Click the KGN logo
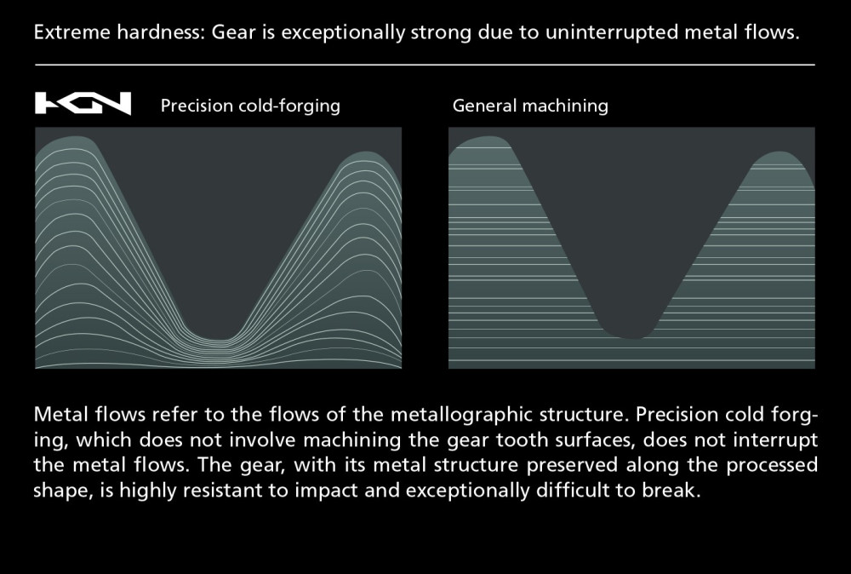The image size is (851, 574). pos(83,103)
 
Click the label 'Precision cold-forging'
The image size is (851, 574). pos(250,106)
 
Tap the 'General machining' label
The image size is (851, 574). pos(530,106)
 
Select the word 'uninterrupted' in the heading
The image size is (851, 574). pos(612,32)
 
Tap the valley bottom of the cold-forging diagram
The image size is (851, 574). pos(218,340)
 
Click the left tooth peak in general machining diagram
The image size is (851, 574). pos(488,137)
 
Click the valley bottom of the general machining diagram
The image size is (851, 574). pos(633,337)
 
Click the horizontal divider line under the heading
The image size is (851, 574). pos(425,65)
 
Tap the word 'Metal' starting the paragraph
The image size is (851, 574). pos(60,415)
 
